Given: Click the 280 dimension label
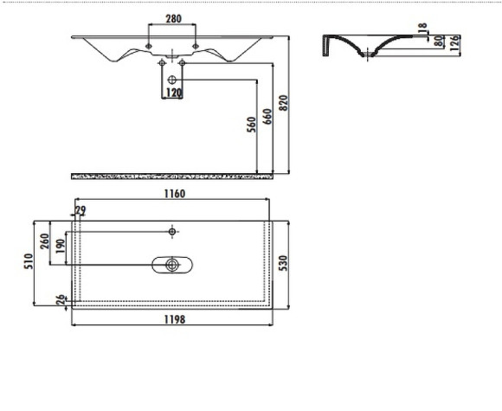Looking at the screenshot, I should point(172,18).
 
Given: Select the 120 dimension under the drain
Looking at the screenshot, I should point(173,93).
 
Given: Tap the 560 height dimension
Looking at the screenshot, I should point(251,128).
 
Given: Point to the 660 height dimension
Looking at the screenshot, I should point(267,118).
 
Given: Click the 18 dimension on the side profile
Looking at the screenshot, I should point(422,29).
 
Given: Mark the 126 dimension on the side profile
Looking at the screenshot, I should point(454,43).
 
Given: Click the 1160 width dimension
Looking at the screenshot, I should point(173,194).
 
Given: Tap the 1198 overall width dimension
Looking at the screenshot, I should point(173,319).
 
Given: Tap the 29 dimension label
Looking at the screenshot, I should point(80,210).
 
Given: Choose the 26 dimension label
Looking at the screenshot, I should point(60,300).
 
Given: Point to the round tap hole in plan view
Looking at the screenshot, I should point(173,232).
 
